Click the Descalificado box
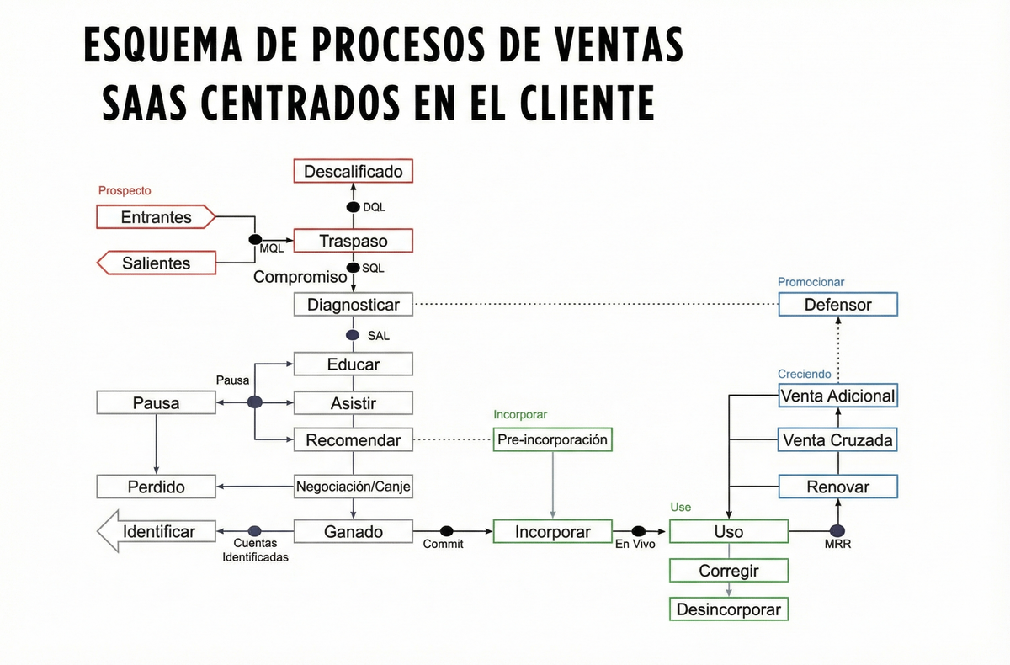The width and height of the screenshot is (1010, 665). click(353, 172)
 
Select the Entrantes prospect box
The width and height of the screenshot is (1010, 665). click(157, 217)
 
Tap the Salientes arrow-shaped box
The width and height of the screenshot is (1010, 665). click(157, 263)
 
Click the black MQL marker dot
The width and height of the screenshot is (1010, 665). click(255, 240)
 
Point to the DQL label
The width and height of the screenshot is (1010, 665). click(375, 207)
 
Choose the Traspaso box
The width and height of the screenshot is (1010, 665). click(353, 242)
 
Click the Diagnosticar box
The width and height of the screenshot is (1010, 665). click(353, 305)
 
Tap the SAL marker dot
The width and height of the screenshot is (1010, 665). click(353, 335)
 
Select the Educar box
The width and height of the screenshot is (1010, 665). click(353, 364)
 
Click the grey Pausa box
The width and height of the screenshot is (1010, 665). click(157, 403)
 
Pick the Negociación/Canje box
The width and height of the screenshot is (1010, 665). click(353, 487)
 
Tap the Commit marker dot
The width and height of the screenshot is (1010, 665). click(447, 531)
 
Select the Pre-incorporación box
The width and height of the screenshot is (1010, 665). click(552, 439)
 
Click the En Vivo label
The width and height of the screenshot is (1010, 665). click(635, 545)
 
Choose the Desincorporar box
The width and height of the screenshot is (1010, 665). click(729, 609)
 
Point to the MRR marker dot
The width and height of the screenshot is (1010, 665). click(837, 531)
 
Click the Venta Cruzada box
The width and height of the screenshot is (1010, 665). click(837, 440)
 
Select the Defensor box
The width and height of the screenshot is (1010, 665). click(837, 305)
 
